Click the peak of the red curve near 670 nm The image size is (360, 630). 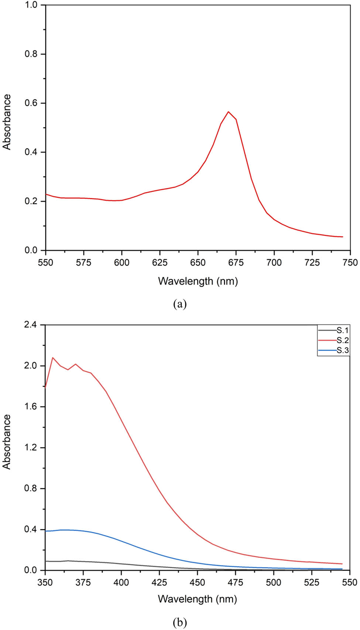[228, 111]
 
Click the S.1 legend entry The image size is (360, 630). [342, 330]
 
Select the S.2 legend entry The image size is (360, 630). [342, 340]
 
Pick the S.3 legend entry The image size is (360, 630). [342, 350]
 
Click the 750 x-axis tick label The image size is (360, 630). [350, 262]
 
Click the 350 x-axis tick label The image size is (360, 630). [45, 582]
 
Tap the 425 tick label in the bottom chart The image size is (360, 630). [160, 582]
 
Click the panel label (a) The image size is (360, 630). [180, 304]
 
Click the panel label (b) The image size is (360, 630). [180, 623]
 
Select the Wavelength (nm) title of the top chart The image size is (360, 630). [198, 281]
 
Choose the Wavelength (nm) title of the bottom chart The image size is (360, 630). [198, 599]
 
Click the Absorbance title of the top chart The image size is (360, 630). [7, 122]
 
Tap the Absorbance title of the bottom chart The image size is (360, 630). [7, 441]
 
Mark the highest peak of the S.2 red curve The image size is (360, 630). [53, 357]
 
